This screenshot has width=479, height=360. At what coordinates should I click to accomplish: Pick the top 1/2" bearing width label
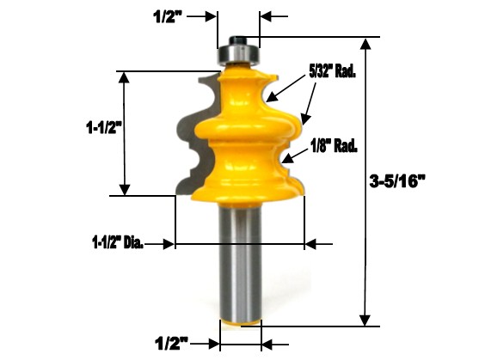(x=169, y=15)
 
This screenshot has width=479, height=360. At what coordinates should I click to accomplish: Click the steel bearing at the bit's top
(x=237, y=54)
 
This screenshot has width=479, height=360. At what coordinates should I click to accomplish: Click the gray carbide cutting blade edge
(x=188, y=137)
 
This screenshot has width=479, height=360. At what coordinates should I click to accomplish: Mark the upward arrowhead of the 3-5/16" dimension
(x=370, y=44)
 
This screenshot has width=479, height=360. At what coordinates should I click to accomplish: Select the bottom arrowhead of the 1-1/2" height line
(x=126, y=190)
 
